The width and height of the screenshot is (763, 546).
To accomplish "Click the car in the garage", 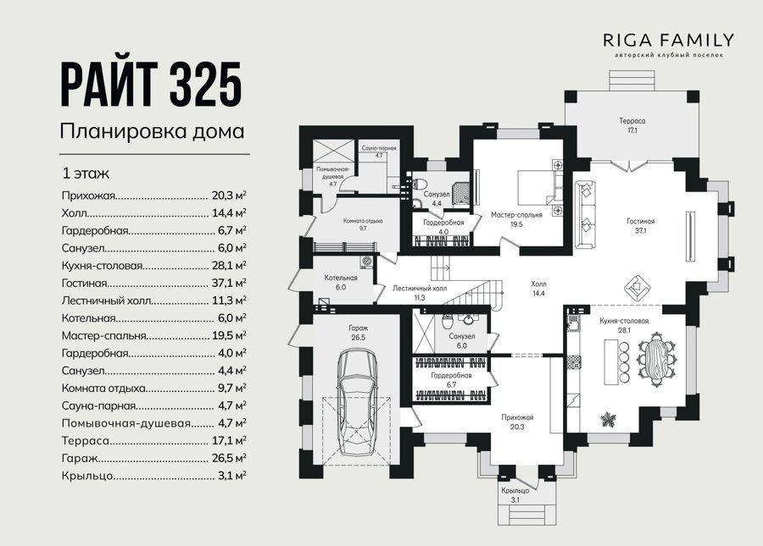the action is (358, 402).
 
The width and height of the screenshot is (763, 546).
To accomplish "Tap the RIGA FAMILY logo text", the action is (669, 40).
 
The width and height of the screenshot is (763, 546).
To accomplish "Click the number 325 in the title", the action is (205, 85).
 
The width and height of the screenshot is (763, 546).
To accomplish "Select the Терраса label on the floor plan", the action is (632, 121).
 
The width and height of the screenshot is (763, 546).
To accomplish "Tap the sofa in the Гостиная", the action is (586, 214).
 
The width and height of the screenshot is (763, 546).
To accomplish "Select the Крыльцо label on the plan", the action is (515, 491).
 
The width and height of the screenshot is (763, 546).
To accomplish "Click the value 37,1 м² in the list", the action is (229, 283).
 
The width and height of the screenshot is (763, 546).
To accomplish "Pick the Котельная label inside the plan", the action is (341, 278).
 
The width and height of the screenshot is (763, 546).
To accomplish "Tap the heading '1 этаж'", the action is (86, 174).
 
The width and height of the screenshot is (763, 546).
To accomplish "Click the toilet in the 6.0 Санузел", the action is (447, 321).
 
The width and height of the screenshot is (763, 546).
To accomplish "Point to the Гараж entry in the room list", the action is (80, 458).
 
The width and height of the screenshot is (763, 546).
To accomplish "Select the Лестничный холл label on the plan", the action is (420, 288).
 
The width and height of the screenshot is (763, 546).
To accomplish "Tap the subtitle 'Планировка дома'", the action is (152, 132).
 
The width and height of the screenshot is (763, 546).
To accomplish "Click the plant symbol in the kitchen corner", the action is (607, 419).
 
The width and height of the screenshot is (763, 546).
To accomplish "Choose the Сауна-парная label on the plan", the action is (379, 148).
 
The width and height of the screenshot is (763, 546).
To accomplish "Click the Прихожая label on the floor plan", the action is (518, 417).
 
